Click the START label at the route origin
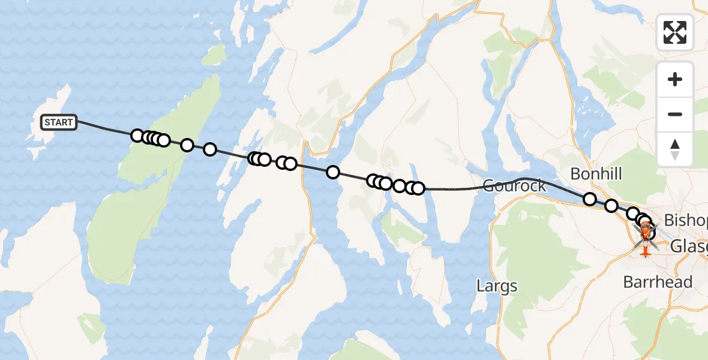tap(59, 122)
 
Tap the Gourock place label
tap(515, 185)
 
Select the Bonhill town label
tap(596, 174)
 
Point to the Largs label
tap(497, 286)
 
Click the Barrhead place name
tap(658, 281)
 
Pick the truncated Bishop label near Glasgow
tap(686, 219)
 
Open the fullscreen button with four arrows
tap(675, 32)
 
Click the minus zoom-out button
tap(675, 114)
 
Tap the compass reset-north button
tap(675, 149)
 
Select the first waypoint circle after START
tap(137, 136)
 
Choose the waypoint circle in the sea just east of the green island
tap(210, 149)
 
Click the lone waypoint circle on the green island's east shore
tap(187, 145)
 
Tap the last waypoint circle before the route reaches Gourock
tap(418, 188)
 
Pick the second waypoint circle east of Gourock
tap(611, 206)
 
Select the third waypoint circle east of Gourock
tap(632, 214)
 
